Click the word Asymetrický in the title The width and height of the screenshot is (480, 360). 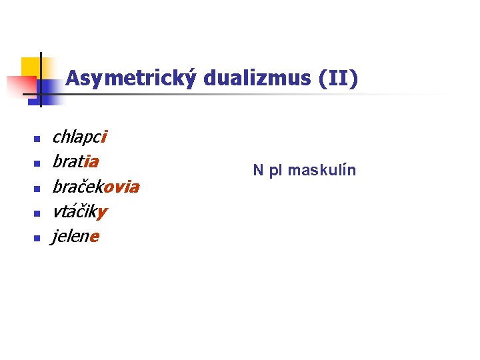(131, 79)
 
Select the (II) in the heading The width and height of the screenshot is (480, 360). (339, 79)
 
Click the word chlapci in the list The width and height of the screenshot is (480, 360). (79, 137)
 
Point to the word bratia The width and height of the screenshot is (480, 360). (76, 162)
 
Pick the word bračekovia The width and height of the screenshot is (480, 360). (95, 187)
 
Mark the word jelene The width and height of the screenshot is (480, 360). (75, 237)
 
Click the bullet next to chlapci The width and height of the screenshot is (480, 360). (37, 139)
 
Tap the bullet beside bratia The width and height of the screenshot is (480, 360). (37, 164)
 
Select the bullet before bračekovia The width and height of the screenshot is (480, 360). (37, 189)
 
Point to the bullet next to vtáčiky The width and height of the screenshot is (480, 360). (37, 213)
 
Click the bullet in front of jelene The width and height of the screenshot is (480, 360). (37, 238)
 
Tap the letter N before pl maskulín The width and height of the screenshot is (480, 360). (258, 171)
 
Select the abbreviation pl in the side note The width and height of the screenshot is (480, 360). (275, 171)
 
